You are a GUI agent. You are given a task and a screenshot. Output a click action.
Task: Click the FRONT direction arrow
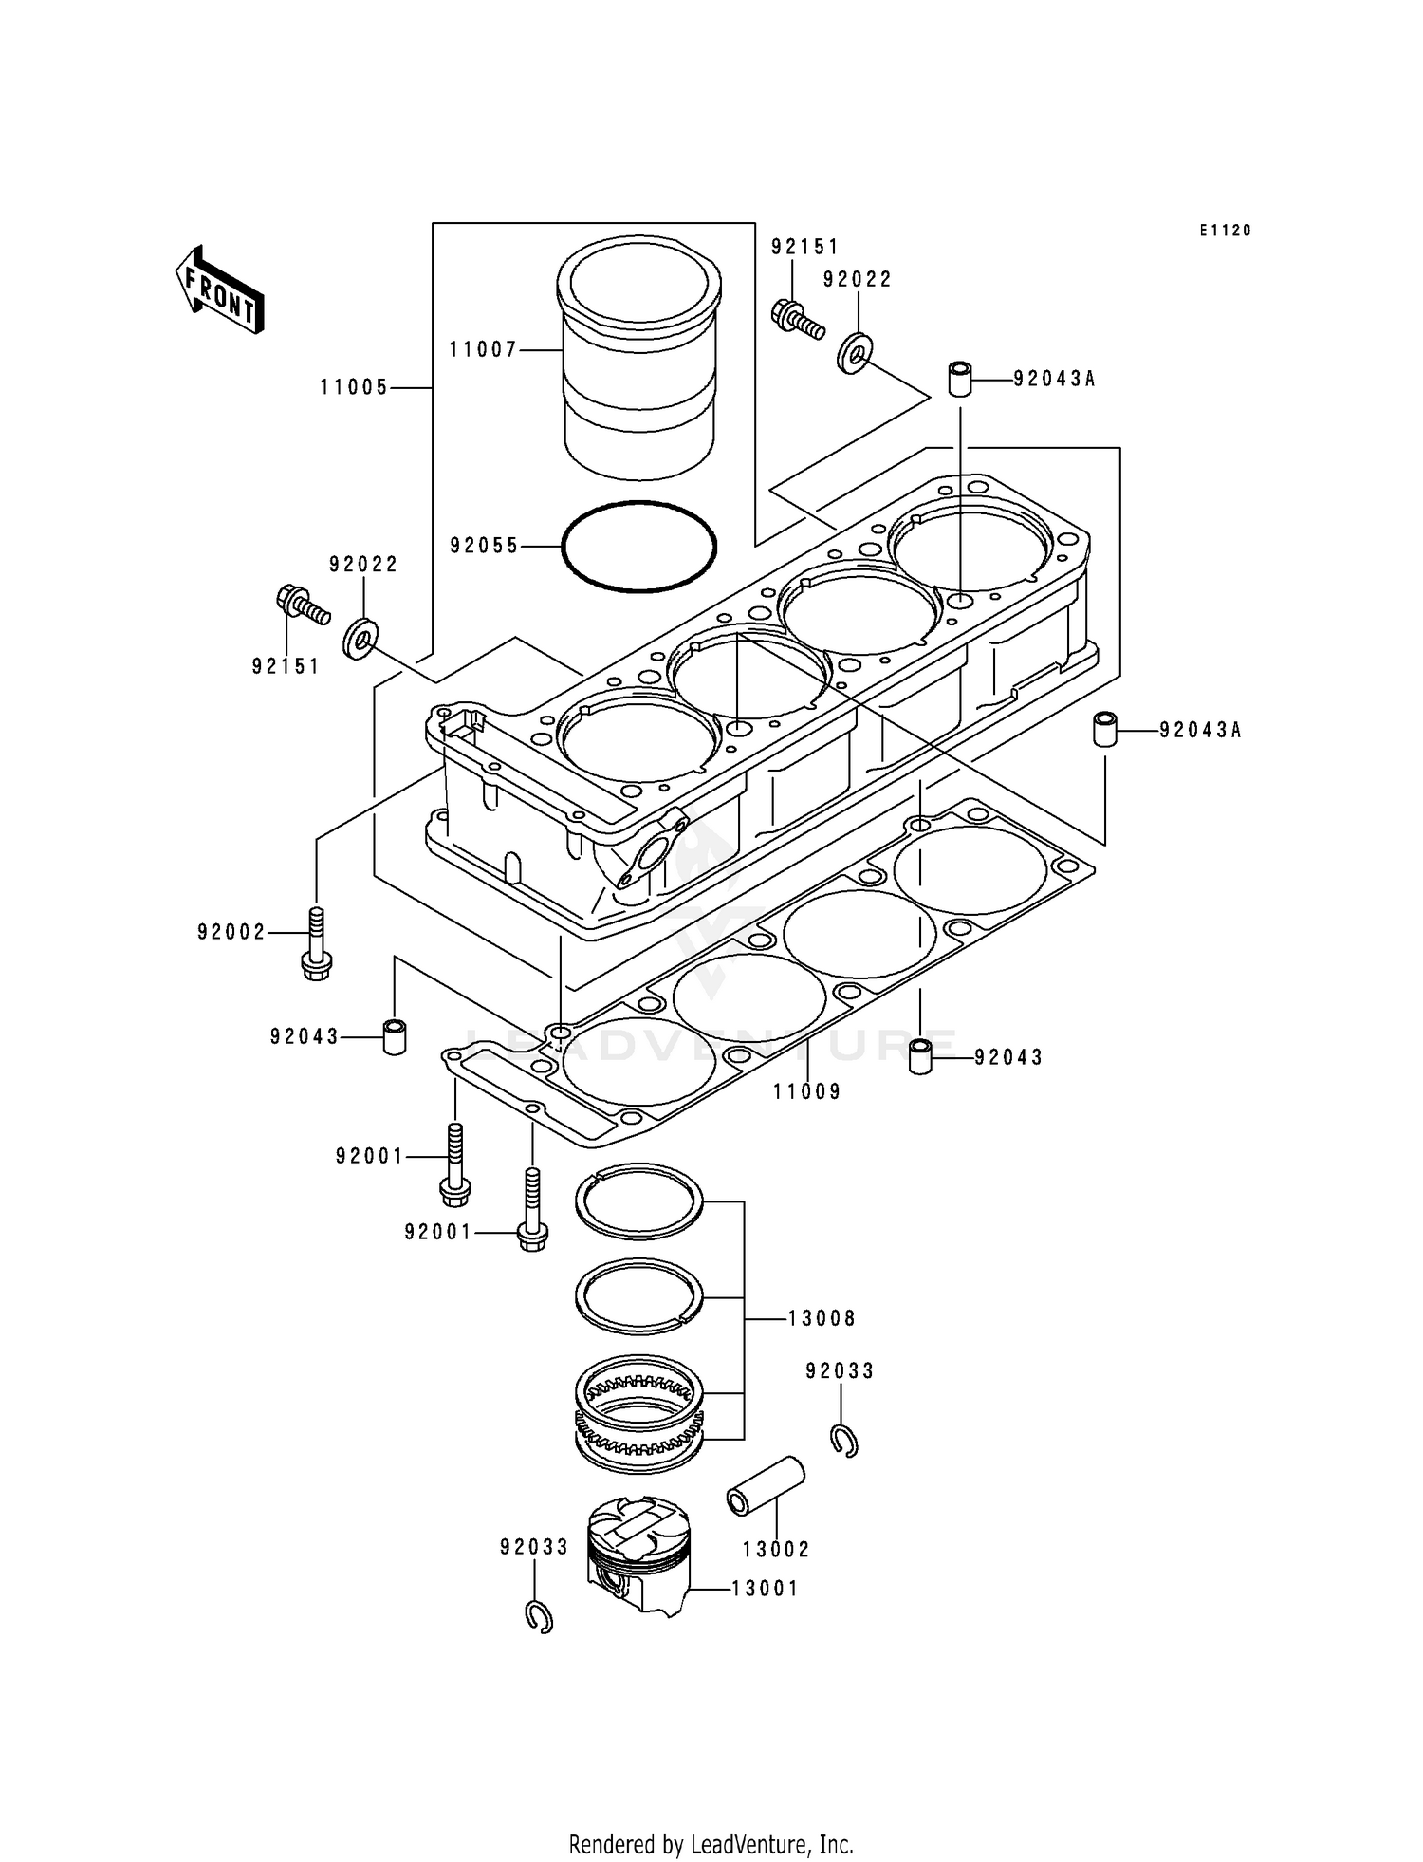tap(219, 289)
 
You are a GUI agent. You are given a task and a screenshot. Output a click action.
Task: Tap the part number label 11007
tap(483, 350)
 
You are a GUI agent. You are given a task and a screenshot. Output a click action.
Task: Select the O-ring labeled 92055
tap(638, 547)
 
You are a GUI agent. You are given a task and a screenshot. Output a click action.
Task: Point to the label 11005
tap(353, 387)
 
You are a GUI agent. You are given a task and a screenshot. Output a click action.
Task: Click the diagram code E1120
tap(1225, 231)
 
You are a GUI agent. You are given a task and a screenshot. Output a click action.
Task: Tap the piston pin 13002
tap(765, 1487)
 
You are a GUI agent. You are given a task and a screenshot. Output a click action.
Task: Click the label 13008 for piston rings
tap(822, 1318)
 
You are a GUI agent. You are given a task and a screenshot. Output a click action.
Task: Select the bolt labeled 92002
tap(316, 943)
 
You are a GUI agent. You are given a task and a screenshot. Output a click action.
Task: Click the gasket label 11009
tap(806, 1091)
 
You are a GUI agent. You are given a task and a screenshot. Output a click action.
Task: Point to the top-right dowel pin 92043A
tap(960, 379)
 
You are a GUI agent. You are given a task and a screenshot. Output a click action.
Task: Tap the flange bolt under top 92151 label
tap(794, 317)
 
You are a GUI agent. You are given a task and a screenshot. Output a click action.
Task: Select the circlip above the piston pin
tap(843, 1441)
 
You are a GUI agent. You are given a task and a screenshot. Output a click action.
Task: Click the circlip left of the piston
tap(538, 1616)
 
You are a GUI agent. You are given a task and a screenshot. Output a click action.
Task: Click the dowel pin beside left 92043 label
tap(394, 1036)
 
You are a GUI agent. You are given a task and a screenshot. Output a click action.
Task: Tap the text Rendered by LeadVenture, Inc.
tap(711, 1844)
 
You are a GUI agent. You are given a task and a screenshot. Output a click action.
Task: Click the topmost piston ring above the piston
tap(638, 1201)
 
